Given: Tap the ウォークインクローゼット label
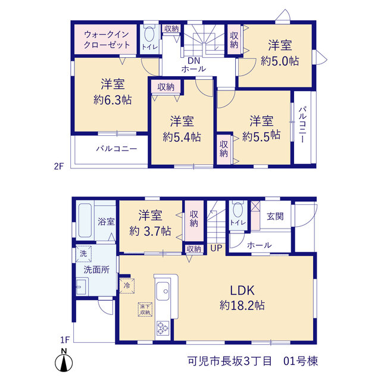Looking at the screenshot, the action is [x=107, y=40].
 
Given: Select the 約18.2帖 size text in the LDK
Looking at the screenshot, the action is [x=242, y=305].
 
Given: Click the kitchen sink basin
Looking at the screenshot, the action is [x=163, y=291].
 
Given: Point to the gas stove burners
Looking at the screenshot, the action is [x=163, y=328].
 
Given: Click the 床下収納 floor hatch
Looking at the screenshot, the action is [x=145, y=310].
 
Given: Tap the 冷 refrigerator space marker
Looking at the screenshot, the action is [x=127, y=286].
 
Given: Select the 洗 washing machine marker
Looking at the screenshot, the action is [x=83, y=254].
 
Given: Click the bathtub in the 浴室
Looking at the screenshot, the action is [x=85, y=220].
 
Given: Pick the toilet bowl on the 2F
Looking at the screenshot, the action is [x=149, y=34].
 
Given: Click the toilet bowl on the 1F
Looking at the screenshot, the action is [x=238, y=210].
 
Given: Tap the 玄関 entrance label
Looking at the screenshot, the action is [x=275, y=216].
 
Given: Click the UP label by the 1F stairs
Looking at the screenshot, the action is [x=216, y=248].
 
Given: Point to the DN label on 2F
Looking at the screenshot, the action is [x=193, y=61].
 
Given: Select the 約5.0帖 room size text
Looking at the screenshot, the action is [x=280, y=61].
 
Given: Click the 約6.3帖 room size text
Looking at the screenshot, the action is [x=113, y=100].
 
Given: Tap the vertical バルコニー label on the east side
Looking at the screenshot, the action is [x=303, y=124].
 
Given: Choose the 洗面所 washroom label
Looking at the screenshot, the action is [x=96, y=270].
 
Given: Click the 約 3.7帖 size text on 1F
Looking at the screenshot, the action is [x=150, y=231].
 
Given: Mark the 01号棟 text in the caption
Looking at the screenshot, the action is [x=301, y=361].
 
